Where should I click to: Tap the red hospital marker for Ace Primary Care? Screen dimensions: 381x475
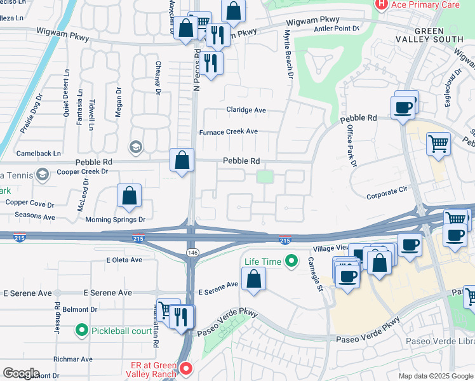[382, 4]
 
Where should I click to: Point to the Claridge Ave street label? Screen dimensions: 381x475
[246, 110]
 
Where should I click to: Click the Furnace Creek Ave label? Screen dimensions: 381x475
[229, 132]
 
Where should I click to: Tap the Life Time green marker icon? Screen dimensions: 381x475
[291, 260]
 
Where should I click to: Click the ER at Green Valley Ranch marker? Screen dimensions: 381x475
[186, 368]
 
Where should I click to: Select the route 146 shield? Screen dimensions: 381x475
[191, 253]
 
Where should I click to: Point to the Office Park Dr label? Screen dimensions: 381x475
[350, 145]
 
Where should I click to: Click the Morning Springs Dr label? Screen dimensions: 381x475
[116, 220]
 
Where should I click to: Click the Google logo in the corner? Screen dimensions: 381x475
[21, 373]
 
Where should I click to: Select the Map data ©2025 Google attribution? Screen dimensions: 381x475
[435, 376]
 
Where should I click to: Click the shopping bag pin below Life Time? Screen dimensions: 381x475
[253, 279]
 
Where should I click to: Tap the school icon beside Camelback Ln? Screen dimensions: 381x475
[135, 147]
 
